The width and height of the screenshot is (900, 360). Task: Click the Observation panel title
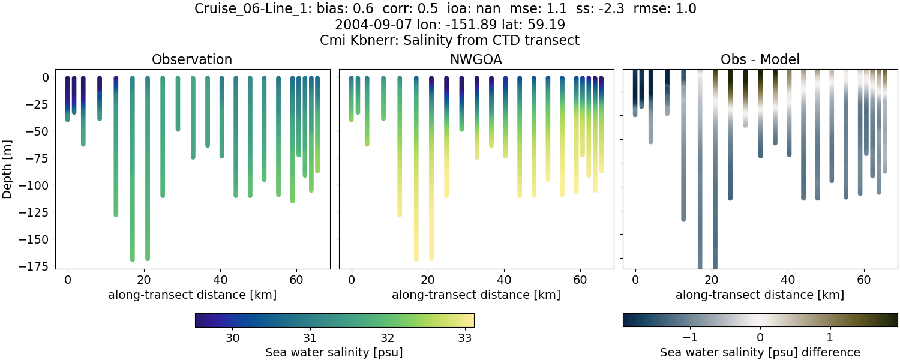(192, 59)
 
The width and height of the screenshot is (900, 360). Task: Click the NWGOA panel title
(476, 59)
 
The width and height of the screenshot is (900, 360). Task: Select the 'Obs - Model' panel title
(760, 59)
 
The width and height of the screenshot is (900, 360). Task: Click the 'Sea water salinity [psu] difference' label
(760, 352)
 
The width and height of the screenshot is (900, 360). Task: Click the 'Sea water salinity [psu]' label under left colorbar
(334, 352)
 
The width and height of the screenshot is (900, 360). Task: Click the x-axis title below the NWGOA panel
(476, 295)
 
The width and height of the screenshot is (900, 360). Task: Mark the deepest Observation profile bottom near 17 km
(132, 259)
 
